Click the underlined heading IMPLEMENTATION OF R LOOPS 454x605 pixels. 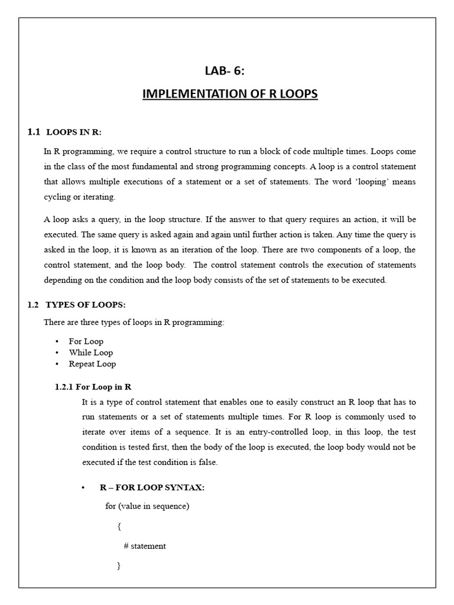point(230,94)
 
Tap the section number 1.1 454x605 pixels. point(33,132)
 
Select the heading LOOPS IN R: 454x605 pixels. point(70,132)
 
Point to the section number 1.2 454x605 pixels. point(33,305)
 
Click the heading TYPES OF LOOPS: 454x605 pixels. point(86,305)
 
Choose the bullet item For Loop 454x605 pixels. point(86,341)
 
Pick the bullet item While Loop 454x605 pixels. point(90,353)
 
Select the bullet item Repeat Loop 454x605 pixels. point(92,364)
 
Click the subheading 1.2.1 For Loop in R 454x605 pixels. point(93,386)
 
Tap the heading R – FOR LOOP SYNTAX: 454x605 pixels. point(152,487)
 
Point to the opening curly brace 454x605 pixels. point(119,526)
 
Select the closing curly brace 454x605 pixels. point(119,566)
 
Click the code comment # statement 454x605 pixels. point(145,546)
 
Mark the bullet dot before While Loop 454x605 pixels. point(57,353)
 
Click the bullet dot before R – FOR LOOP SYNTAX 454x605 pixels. point(84,487)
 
